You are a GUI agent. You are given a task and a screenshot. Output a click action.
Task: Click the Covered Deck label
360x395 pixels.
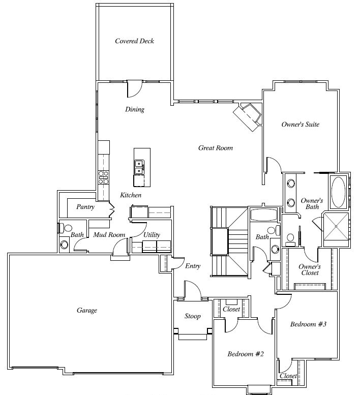coord(134,41)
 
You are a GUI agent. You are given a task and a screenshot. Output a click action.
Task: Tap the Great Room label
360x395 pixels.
coord(216,148)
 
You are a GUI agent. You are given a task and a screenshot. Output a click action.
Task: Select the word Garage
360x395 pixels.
coord(86,310)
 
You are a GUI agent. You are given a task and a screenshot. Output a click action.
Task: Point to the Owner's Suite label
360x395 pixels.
coord(301,125)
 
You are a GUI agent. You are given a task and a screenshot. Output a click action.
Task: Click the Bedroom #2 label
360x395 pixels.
coord(246,354)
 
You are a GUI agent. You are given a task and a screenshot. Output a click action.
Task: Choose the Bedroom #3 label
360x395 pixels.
coord(308,324)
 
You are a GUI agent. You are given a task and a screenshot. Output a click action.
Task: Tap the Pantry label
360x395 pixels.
coord(85,207)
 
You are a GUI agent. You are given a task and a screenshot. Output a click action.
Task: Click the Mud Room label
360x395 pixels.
coord(109,235)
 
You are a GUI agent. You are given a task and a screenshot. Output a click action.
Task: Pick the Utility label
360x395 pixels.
coord(152,235)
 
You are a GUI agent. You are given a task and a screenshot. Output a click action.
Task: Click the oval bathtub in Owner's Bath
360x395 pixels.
coord(338,192)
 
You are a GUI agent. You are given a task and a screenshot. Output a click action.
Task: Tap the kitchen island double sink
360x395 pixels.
coord(139,167)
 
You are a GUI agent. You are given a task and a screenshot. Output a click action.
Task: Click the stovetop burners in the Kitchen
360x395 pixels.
coord(103,177)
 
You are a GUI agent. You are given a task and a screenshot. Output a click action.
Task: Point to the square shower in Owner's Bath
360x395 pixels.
coord(336,226)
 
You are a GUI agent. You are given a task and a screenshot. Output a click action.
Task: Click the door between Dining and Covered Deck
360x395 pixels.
coord(135,88)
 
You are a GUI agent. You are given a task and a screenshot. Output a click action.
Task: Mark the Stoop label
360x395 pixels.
coord(193,316)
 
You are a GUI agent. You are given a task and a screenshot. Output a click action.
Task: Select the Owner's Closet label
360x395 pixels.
coord(310,269)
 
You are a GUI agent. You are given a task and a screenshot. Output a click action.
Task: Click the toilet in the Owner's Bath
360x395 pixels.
coord(290,239)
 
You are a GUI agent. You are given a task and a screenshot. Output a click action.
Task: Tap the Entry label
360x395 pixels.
coord(193,266)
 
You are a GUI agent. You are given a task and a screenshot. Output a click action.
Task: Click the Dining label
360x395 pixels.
coord(135,109)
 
